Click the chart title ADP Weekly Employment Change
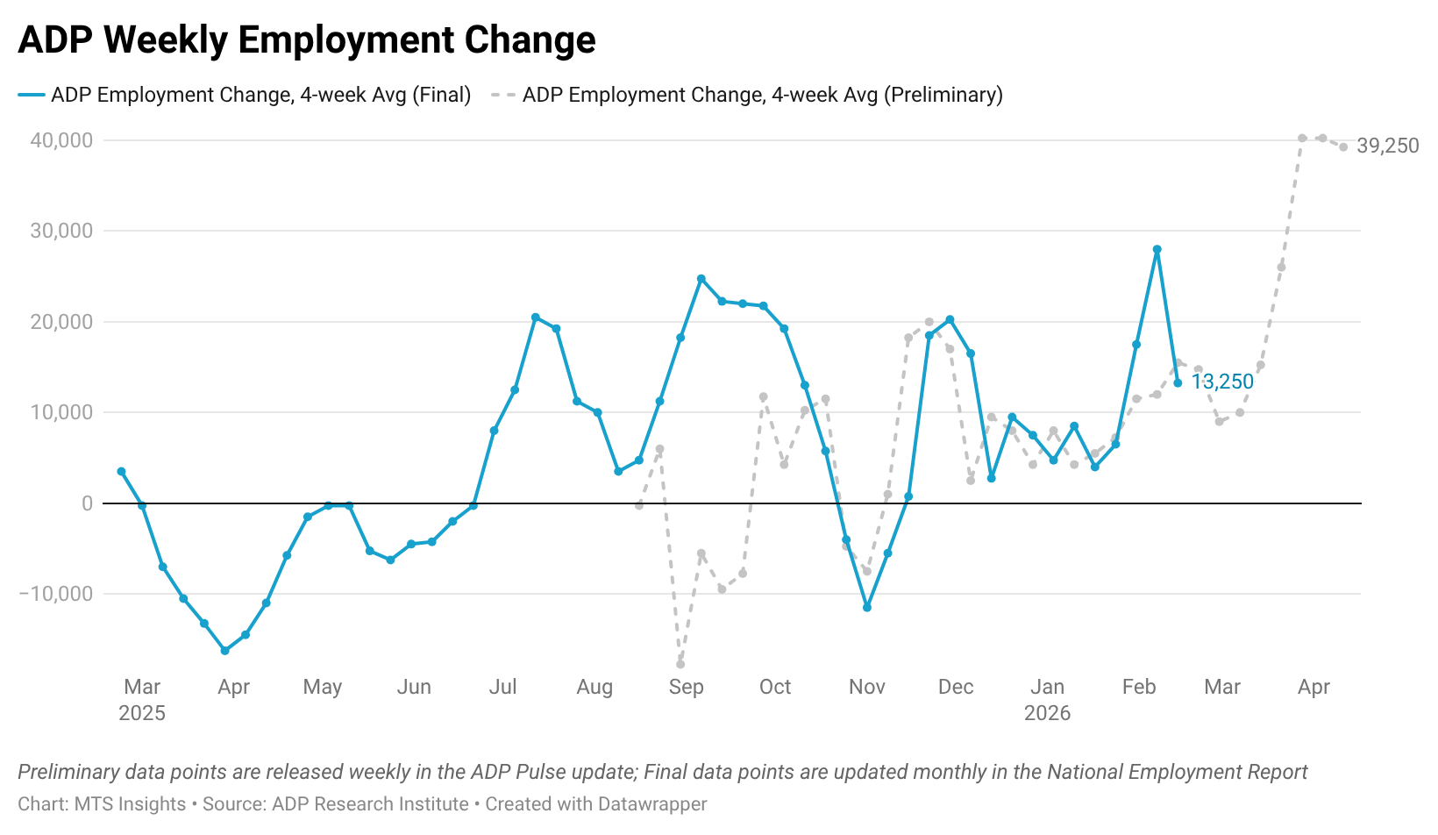coord(307,40)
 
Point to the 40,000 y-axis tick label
coord(61,140)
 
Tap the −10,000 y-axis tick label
coord(56,594)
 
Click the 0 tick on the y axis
coord(87,503)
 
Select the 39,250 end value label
coord(1387,146)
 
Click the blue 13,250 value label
coord(1222,382)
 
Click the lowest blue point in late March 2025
coord(225,651)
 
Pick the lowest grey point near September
coord(680,664)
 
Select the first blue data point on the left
coord(122,472)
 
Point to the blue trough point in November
coord(867,607)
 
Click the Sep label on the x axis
coord(686,687)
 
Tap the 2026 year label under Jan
coord(1047,713)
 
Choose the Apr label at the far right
coord(1313,687)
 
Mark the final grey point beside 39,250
coord(1343,147)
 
